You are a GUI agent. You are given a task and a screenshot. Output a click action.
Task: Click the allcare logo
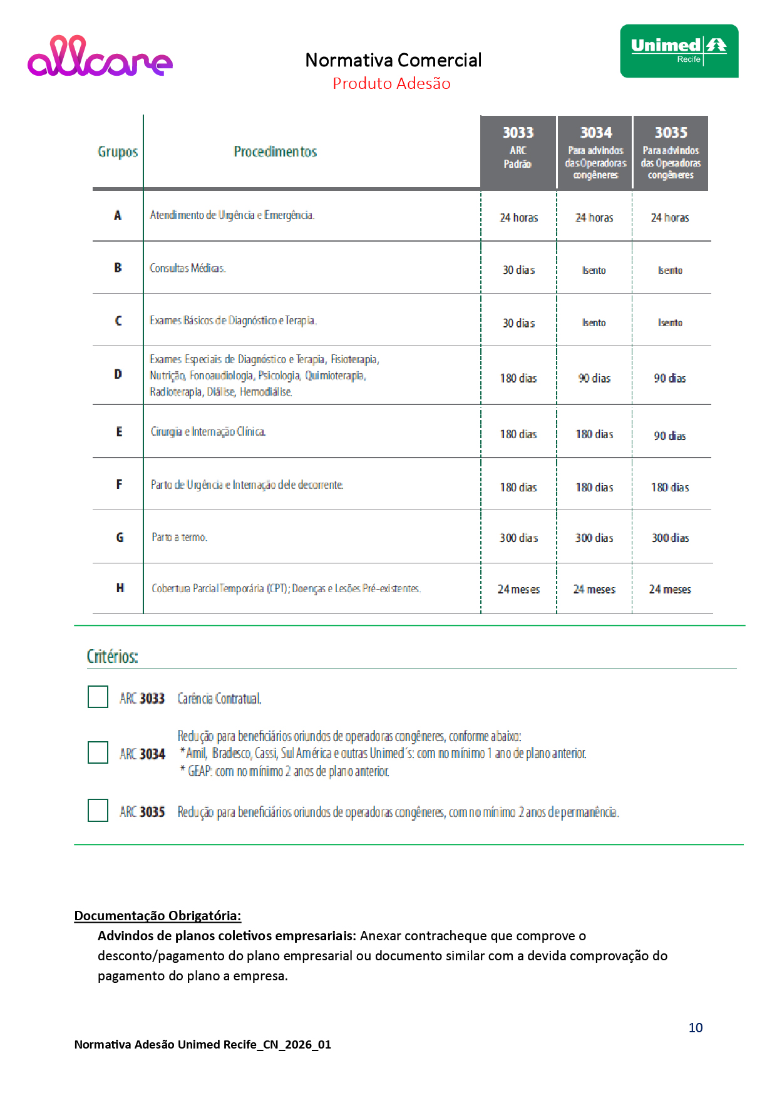[x=100, y=56]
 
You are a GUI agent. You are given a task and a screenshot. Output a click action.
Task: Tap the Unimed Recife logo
[x=679, y=51]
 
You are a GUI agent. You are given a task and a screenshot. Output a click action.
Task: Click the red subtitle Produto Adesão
[x=391, y=83]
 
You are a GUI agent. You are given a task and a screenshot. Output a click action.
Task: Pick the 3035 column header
[x=671, y=153]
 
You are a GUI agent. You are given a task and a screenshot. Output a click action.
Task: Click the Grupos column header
[x=118, y=151]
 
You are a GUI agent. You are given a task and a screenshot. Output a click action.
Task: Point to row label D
[x=118, y=374]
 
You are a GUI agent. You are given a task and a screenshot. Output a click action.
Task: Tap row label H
[x=120, y=588]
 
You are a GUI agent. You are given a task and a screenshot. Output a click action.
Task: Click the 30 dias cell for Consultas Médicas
[x=518, y=270]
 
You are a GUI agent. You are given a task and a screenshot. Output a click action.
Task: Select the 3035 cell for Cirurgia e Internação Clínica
[x=670, y=436]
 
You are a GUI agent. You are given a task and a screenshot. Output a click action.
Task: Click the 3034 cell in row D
[x=594, y=378]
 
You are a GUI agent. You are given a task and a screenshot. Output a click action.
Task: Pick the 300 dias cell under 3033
[x=518, y=538]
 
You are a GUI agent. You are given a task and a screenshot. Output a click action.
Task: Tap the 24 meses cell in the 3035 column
[x=670, y=589]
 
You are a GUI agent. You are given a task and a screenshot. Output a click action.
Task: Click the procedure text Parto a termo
[x=179, y=537]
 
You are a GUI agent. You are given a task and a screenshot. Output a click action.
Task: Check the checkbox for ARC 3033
[x=98, y=697]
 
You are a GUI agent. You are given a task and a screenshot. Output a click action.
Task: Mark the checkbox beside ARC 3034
[x=98, y=752]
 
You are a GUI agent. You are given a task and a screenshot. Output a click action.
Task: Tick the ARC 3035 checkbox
[x=98, y=810]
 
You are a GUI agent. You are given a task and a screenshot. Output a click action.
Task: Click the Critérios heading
[x=113, y=657]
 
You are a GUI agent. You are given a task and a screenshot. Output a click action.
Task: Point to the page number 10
[x=696, y=1028]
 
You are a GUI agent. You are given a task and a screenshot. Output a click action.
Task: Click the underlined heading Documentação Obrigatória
[x=158, y=916]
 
